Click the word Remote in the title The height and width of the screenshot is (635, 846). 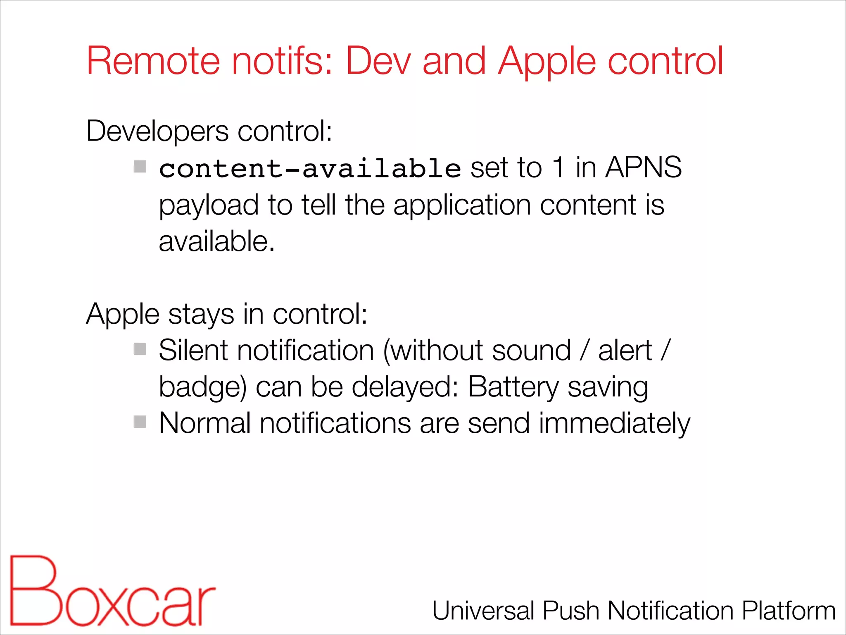pyautogui.click(x=153, y=61)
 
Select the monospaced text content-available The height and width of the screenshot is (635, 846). pyautogui.click(x=310, y=169)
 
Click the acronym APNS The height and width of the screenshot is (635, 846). pyautogui.click(x=643, y=167)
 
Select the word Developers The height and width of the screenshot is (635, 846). pyautogui.click(x=157, y=131)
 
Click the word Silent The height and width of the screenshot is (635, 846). pyautogui.click(x=193, y=351)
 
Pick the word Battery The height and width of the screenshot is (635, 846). pyautogui.click(x=513, y=387)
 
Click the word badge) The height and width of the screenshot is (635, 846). pyautogui.click(x=202, y=387)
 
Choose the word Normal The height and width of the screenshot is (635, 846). pyautogui.click(x=205, y=423)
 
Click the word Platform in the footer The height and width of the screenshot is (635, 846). pyautogui.click(x=789, y=611)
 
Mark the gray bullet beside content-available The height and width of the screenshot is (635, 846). pyautogui.click(x=140, y=167)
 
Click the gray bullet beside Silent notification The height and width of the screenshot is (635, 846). pyautogui.click(x=140, y=349)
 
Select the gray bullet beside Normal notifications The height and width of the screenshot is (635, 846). pyautogui.click(x=140, y=422)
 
